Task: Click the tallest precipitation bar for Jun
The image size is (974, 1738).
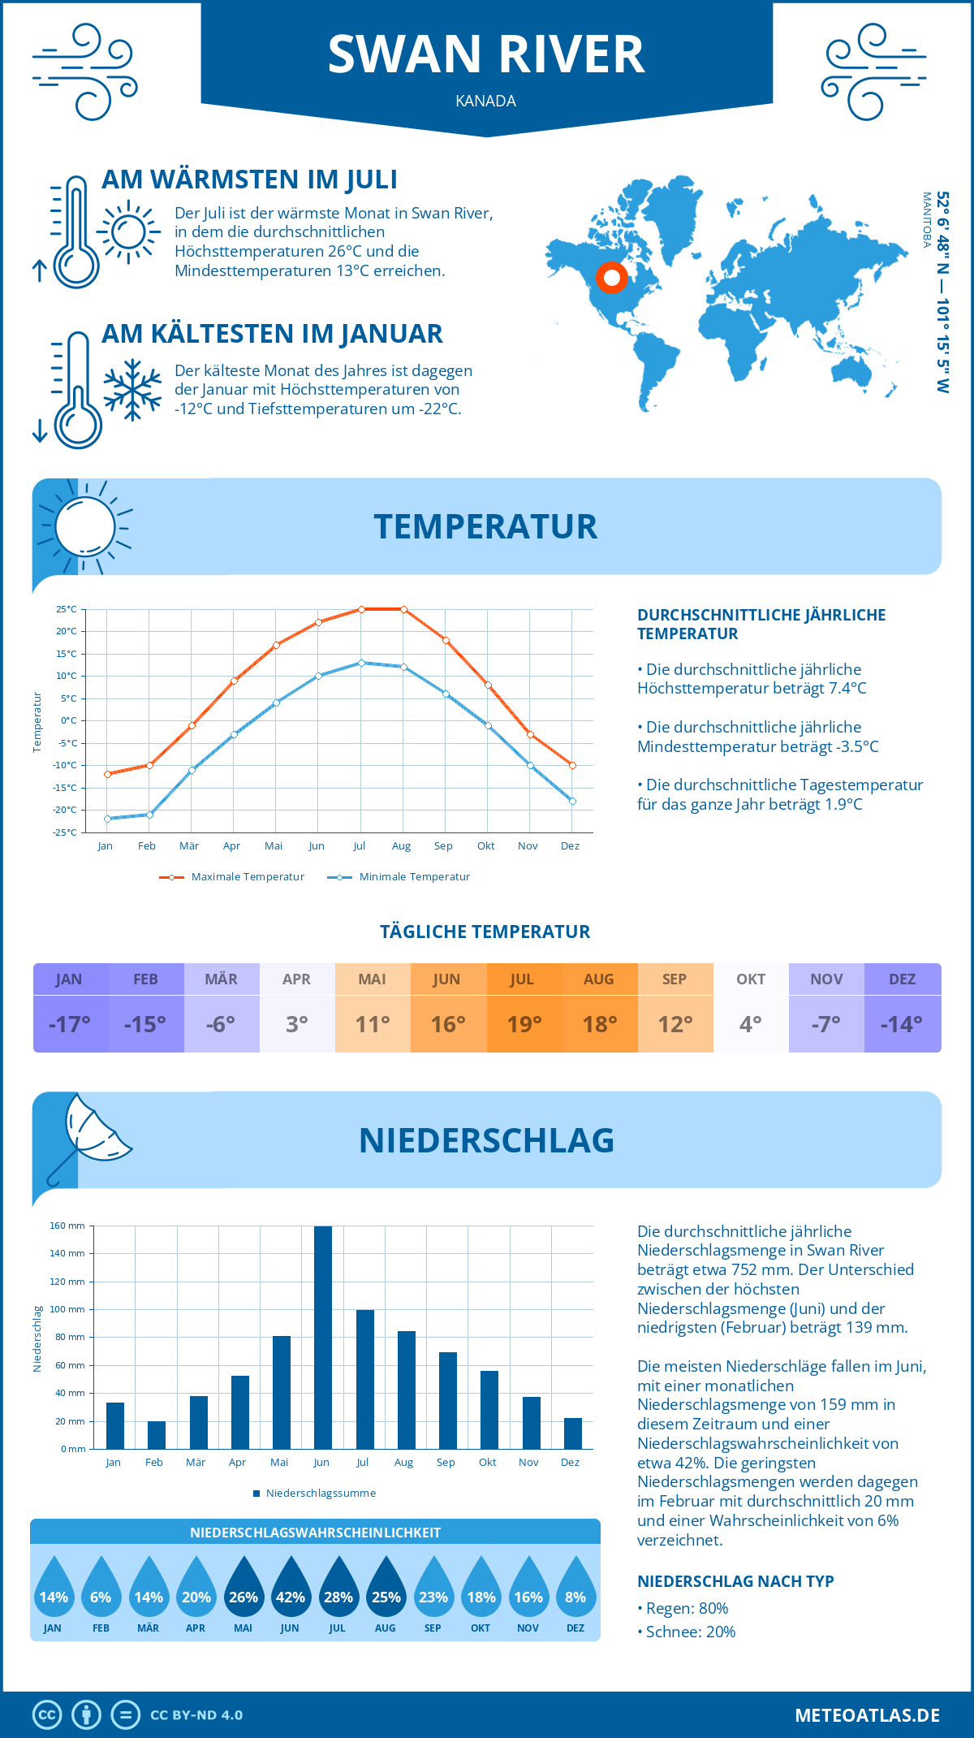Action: point(322,1338)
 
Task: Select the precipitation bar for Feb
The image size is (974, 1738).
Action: point(156,1435)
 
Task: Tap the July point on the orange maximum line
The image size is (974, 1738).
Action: point(361,609)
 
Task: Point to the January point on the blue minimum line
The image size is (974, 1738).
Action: point(107,819)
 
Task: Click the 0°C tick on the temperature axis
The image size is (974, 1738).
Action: point(68,720)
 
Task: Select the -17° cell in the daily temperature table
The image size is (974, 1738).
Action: point(70,1024)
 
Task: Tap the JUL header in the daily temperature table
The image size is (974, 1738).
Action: point(522,979)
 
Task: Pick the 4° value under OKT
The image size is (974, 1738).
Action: point(751,1024)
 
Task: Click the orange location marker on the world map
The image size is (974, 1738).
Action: point(612,278)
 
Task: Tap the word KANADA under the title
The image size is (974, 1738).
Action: point(485,102)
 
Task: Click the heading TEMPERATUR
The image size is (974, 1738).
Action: point(485,526)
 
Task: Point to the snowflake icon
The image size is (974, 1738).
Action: point(132,390)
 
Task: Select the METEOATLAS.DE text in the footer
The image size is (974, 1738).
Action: point(867,1715)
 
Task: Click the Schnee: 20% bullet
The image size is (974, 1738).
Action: point(690,1632)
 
